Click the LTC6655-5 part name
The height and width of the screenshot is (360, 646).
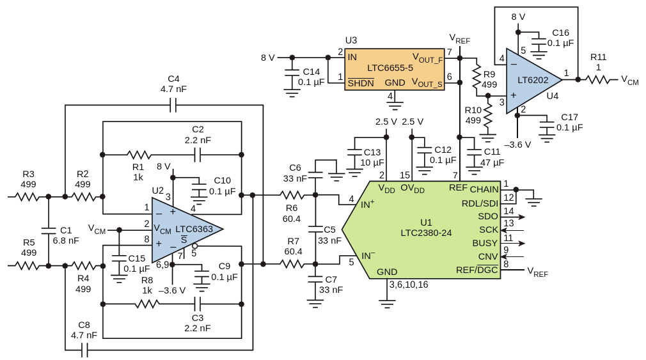click(x=390, y=68)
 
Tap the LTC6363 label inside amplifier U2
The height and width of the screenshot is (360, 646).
click(x=194, y=229)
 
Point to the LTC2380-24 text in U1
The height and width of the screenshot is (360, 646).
click(x=426, y=233)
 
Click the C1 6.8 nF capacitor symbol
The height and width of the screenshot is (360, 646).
click(x=49, y=230)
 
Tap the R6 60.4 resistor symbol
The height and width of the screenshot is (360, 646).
click(x=292, y=195)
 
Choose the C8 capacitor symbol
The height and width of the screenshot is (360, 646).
click(x=84, y=350)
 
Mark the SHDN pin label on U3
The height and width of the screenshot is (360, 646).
click(x=361, y=83)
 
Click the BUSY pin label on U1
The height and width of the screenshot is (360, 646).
click(x=485, y=243)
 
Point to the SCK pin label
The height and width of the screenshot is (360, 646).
click(x=489, y=230)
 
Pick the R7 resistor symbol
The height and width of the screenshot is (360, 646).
click(x=292, y=263)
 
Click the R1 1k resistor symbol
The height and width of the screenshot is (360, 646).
click(x=139, y=155)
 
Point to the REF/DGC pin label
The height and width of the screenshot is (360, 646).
click(x=477, y=270)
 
